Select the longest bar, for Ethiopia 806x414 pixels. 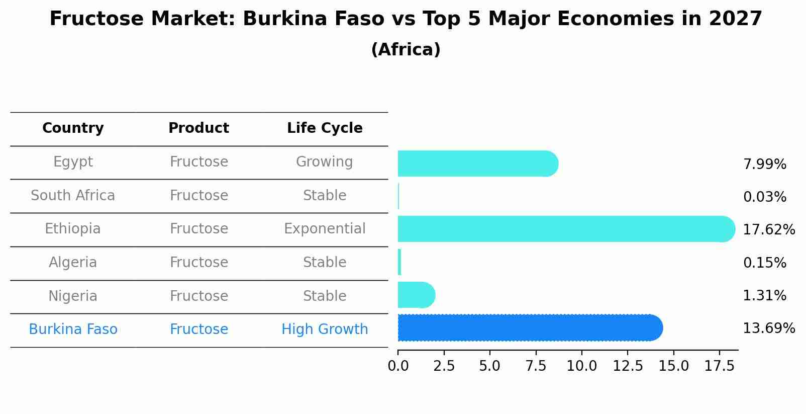(565, 229)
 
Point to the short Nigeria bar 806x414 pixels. (416, 295)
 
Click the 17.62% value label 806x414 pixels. (769, 230)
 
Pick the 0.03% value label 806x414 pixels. (764, 197)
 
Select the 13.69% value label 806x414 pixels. (769, 328)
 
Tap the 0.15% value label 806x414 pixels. (764, 263)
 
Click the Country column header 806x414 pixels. (73, 128)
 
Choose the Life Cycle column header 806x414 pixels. (325, 128)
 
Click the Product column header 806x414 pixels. (198, 128)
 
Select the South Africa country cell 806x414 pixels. (73, 195)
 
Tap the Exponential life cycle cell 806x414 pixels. (325, 229)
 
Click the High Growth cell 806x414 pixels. (325, 329)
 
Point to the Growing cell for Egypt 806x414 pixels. (325, 162)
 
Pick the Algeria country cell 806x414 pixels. (73, 263)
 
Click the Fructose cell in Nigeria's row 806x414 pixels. (198, 296)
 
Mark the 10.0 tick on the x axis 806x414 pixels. (581, 366)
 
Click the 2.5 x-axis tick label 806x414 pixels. (444, 366)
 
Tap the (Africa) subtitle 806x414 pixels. (406, 50)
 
